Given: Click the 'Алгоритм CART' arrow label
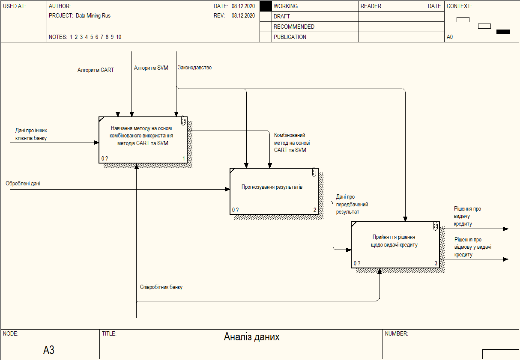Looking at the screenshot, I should (96, 70).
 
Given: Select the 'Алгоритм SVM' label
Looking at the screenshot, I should (151, 68).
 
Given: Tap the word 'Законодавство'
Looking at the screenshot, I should (194, 68).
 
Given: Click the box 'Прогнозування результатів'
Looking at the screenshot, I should (274, 191).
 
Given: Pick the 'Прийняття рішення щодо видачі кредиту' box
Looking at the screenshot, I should (395, 244).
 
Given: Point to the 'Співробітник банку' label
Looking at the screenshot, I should (161, 287).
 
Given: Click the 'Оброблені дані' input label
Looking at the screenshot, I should (23, 184).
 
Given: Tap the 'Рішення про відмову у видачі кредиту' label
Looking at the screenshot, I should (473, 247).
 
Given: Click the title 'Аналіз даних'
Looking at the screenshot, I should (251, 337).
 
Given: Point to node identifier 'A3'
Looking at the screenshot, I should (49, 350).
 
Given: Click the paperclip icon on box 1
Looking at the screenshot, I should (183, 120).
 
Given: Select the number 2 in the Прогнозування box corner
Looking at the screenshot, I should (314, 210).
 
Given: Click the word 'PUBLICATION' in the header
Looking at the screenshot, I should (290, 37).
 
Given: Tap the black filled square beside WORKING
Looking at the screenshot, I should (266, 6).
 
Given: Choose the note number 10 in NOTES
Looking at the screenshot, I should (119, 37).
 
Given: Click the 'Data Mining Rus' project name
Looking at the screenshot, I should (93, 16).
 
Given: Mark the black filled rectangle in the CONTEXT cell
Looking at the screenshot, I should (503, 32).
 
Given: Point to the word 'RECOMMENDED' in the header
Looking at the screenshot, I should (294, 27).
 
